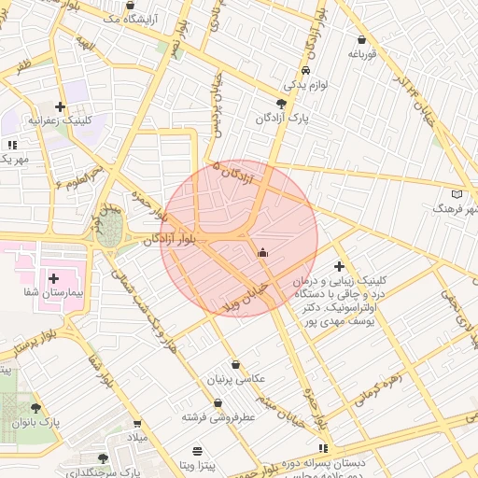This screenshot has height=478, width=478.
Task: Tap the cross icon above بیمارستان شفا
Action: tap(53, 278)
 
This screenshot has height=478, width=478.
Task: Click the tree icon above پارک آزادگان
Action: tap(282, 104)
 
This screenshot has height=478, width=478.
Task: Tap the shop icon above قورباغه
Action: tap(361, 40)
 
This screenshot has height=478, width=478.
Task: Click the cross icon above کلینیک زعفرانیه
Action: tap(61, 106)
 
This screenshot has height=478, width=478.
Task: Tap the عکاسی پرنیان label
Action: tap(235, 380)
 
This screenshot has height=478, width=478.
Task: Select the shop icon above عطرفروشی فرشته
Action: tap(218, 403)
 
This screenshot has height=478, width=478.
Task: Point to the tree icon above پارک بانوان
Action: tap(35, 408)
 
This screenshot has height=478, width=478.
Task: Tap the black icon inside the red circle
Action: tap(262, 251)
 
